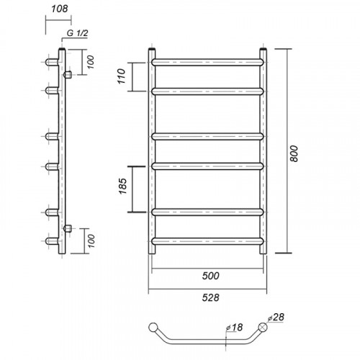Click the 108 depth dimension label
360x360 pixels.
tap(60, 9)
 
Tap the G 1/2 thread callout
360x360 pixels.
tap(77, 33)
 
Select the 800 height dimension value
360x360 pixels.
tap(294, 153)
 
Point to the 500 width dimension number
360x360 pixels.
tap(210, 276)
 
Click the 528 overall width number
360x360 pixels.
tap(210, 297)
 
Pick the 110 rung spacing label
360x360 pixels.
tap(122, 76)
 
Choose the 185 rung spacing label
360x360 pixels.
tap(122, 186)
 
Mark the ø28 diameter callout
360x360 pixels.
tap(276, 318)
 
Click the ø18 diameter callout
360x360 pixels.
tap(234, 327)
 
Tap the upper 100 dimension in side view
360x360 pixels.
tap(91, 62)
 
